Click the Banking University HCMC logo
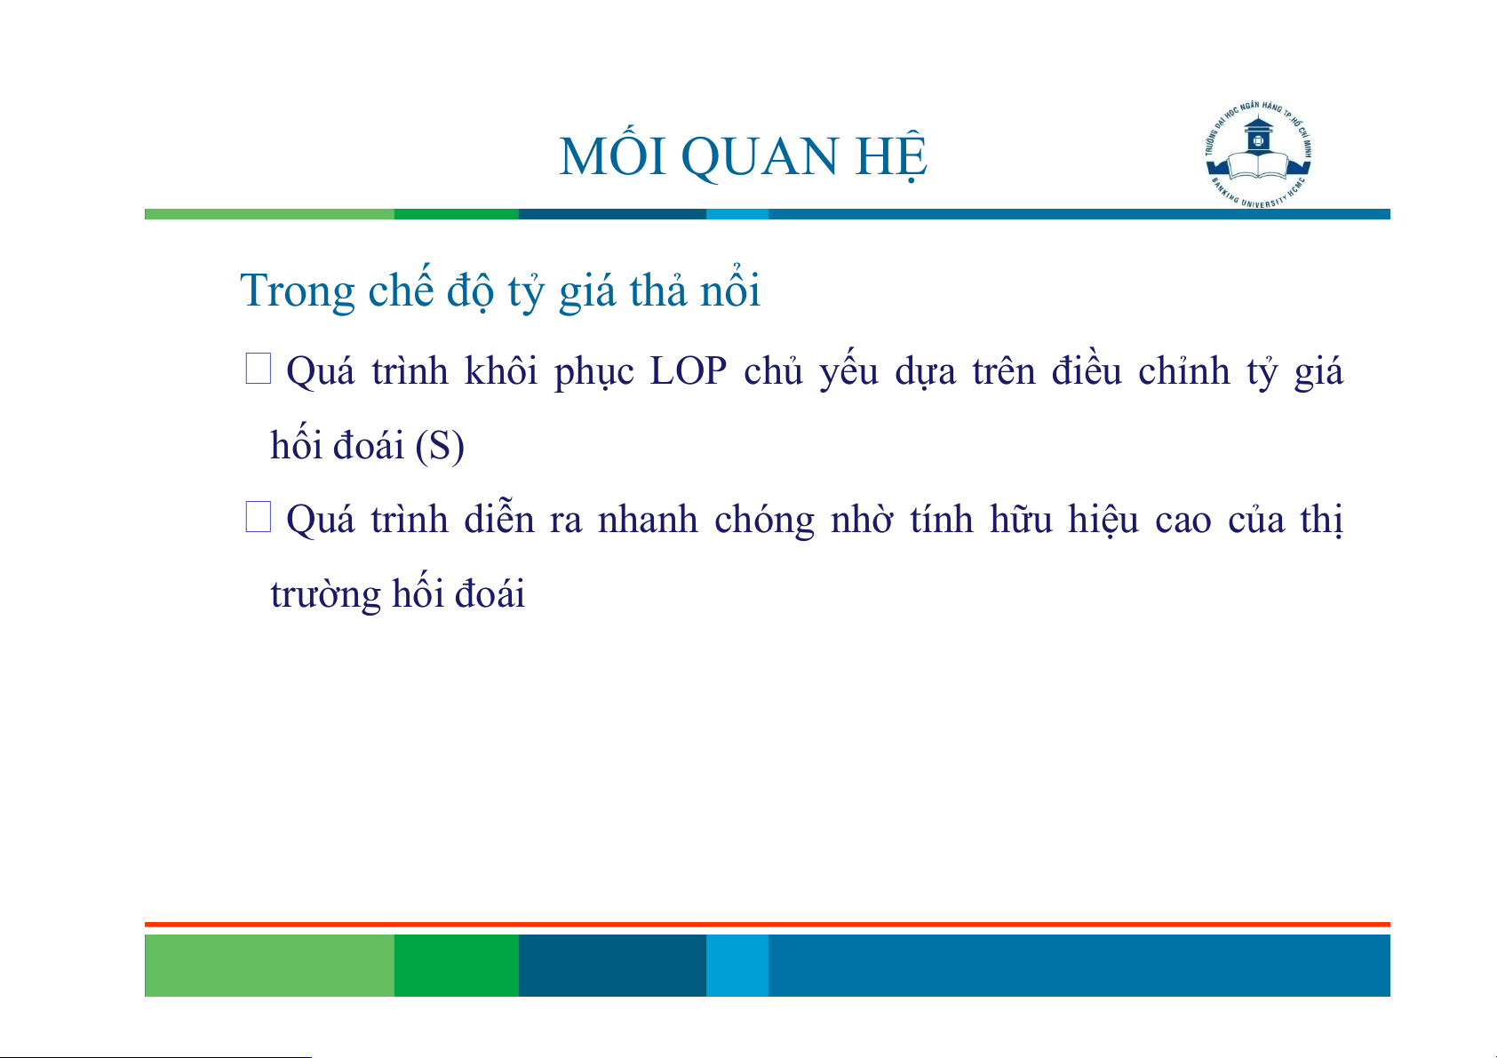(1258, 155)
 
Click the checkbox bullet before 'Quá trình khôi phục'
(258, 369)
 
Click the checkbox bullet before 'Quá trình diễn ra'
(258, 517)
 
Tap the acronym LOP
(689, 370)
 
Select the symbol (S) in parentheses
(439, 445)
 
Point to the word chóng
(764, 520)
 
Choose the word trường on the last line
(325, 594)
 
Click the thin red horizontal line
(768, 925)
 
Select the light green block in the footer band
(269, 965)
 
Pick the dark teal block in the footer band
(612, 965)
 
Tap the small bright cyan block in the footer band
(737, 965)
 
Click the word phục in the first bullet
(593, 373)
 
